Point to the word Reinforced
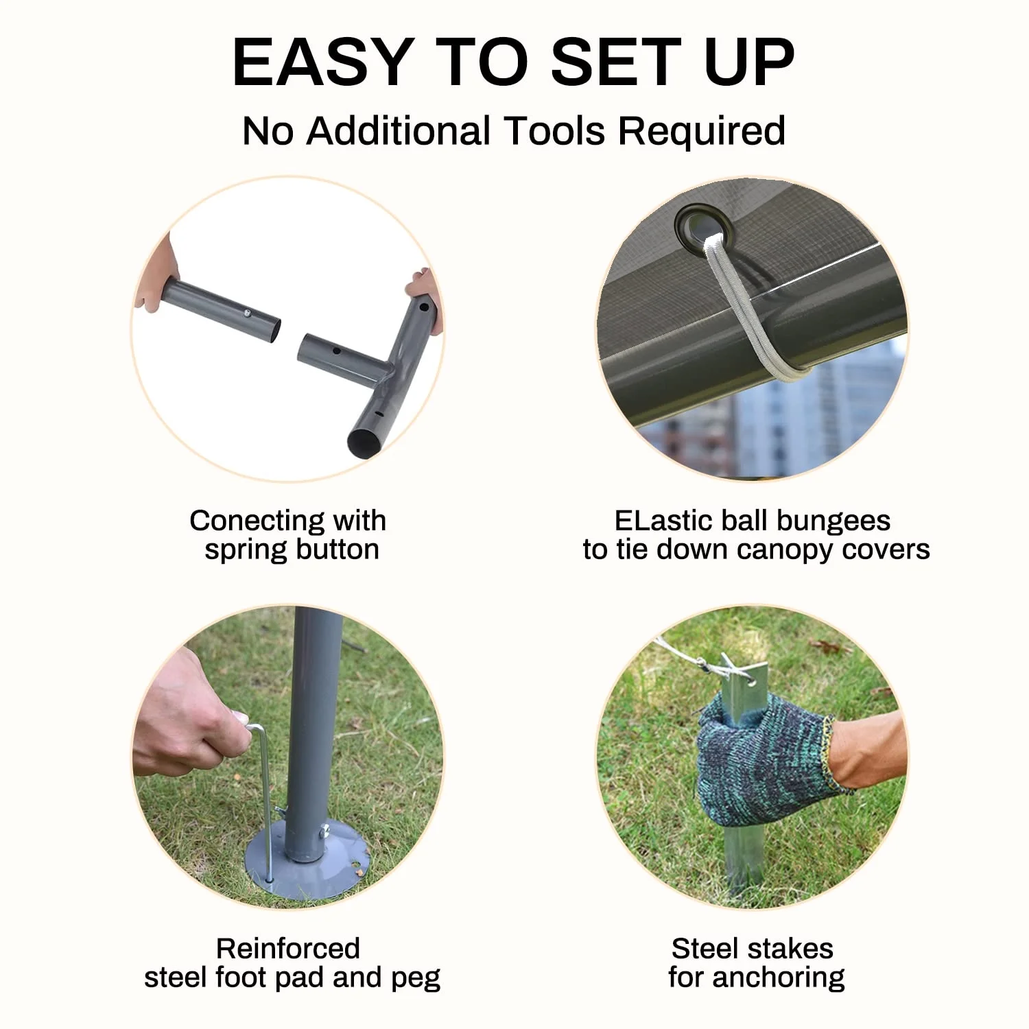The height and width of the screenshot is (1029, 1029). [x=288, y=949]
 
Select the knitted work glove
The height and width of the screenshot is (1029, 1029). [x=765, y=761]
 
